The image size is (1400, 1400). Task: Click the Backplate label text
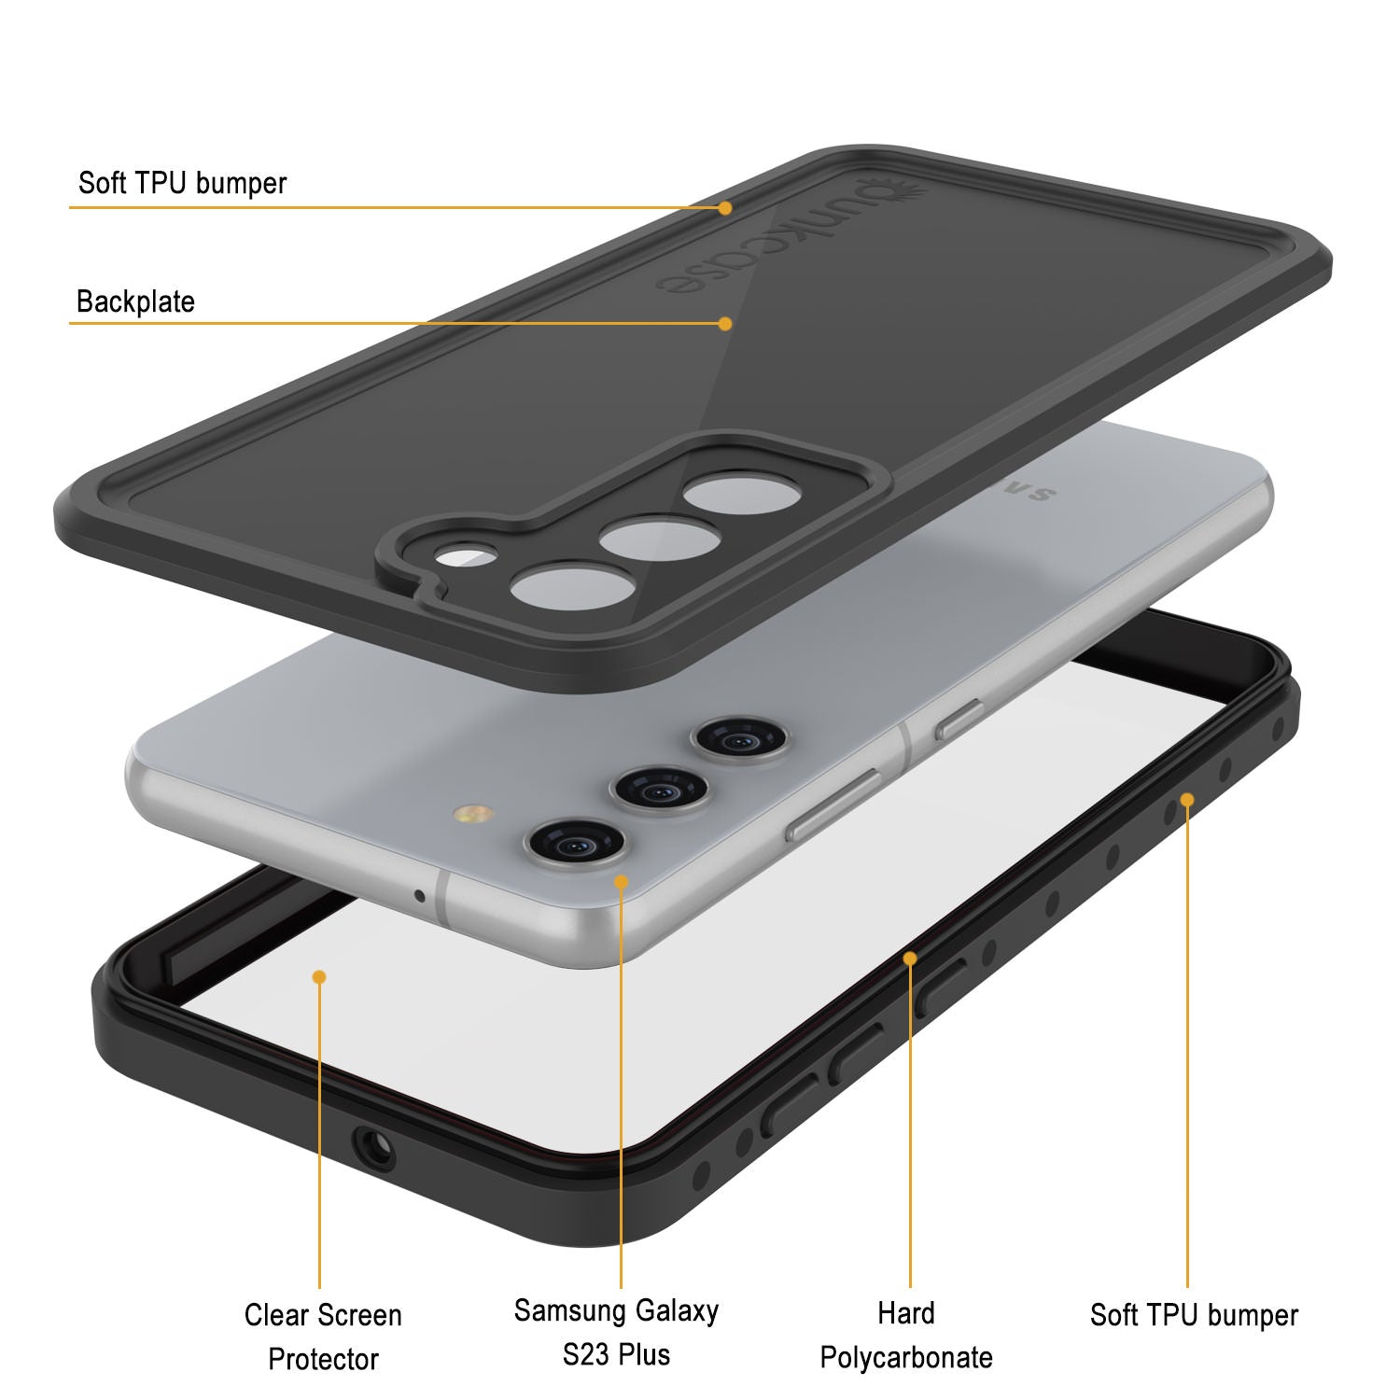point(135,301)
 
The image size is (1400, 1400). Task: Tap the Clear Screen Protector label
point(323,1337)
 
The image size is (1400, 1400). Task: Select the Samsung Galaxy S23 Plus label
point(616,1332)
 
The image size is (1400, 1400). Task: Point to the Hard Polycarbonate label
point(906,1335)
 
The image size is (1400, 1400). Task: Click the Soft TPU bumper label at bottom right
point(1194,1315)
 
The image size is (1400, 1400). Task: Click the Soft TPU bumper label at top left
point(182,183)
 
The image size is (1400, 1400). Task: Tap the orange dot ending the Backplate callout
point(725,324)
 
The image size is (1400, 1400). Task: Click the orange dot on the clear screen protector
point(319,976)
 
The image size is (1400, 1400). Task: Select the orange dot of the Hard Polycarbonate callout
point(910,958)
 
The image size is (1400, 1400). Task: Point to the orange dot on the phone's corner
point(621,881)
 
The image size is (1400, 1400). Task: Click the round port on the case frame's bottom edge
point(374,1145)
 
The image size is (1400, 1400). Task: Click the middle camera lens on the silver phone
point(660,790)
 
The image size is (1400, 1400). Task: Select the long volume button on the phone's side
point(833,805)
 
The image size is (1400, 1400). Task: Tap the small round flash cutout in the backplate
point(466,557)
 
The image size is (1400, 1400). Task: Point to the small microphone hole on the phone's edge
point(419,897)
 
